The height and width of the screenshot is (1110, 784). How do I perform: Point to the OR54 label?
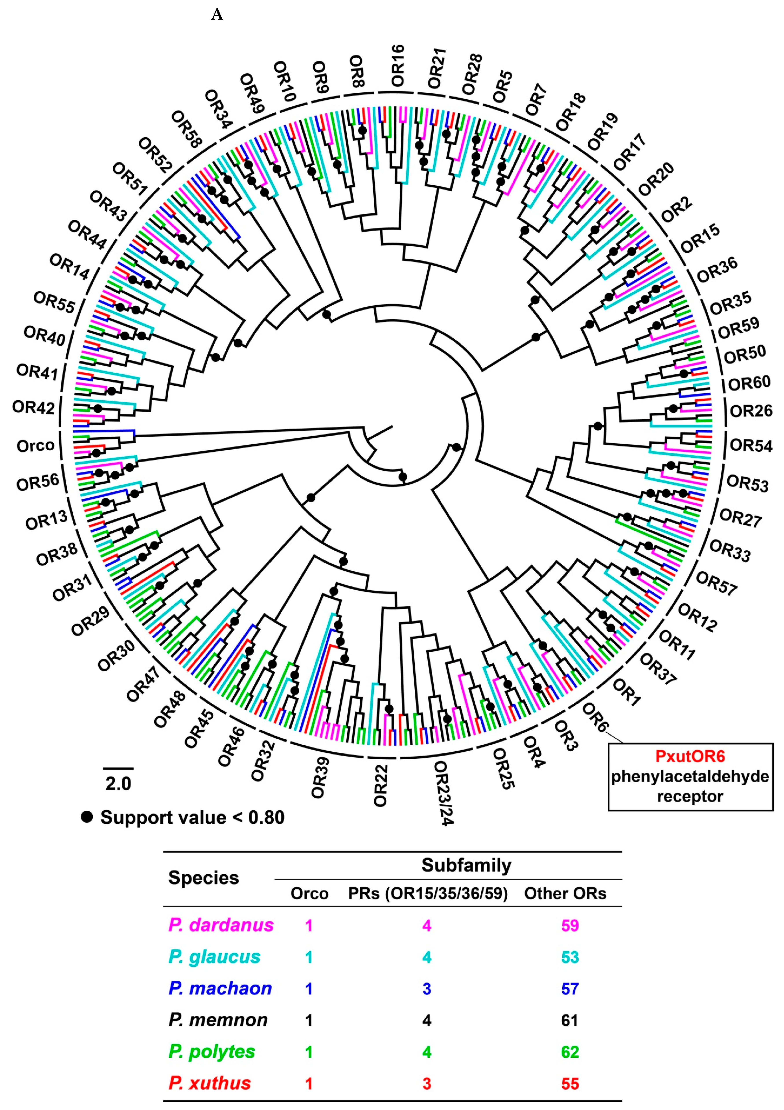(751, 445)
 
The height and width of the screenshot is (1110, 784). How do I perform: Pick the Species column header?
(204, 878)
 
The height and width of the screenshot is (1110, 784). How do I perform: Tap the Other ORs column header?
(565, 893)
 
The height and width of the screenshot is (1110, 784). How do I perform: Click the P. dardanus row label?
(221, 925)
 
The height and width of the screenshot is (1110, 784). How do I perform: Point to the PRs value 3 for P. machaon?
(427, 989)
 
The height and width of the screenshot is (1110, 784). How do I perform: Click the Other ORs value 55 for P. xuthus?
(570, 1083)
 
